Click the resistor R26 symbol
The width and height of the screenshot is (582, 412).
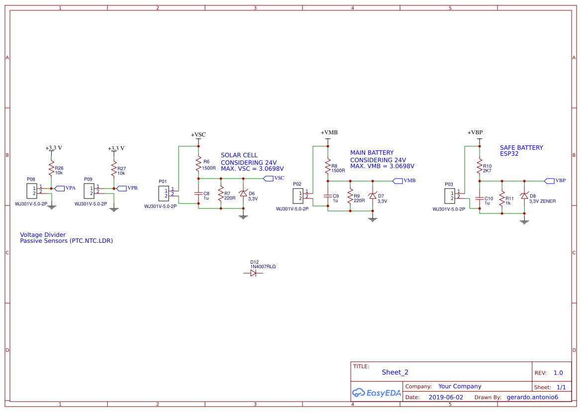click(51, 170)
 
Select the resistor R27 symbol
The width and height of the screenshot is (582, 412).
click(114, 170)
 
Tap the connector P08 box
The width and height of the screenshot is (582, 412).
click(31, 190)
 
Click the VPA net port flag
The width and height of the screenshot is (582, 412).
click(59, 188)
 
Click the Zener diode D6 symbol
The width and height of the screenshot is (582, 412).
click(243, 193)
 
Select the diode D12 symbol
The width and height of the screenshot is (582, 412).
click(253, 273)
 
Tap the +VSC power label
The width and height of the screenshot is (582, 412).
click(198, 135)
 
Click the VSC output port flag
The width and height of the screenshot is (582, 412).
click(267, 178)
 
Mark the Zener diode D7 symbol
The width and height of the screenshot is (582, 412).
click(373, 196)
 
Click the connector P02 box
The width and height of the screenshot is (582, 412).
click(297, 196)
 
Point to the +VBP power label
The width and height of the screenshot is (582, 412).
click(475, 132)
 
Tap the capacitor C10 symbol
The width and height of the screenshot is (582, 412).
click(480, 198)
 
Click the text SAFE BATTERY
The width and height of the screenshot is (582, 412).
click(521, 148)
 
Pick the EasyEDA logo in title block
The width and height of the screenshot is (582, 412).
click(376, 393)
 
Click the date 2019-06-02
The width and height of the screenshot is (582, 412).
click(446, 398)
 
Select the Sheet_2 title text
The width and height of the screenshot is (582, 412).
click(395, 372)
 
